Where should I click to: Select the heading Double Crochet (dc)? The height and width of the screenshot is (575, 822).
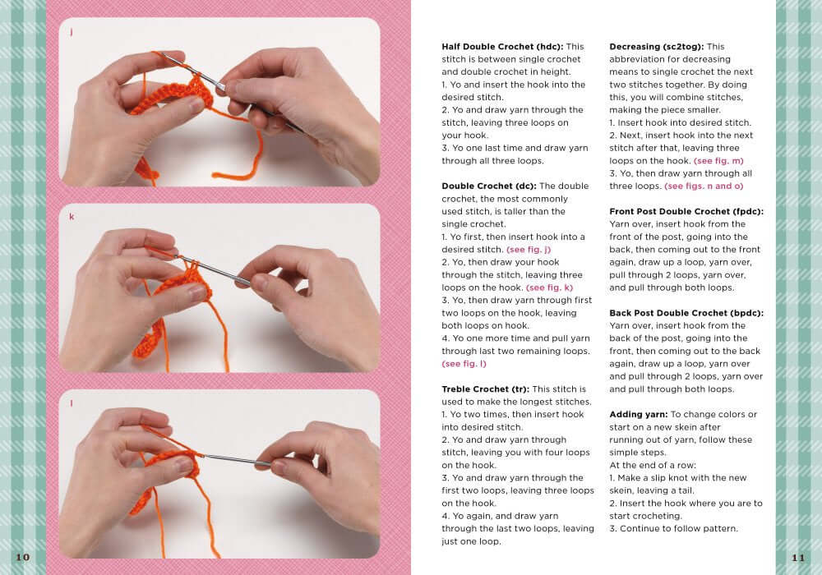(488, 186)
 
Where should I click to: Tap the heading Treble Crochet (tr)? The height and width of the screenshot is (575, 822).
(485, 389)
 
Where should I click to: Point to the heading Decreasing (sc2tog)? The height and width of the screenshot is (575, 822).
(656, 47)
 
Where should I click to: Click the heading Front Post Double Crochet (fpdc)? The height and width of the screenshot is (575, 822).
(686, 211)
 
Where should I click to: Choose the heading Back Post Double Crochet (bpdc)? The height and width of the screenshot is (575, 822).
(686, 313)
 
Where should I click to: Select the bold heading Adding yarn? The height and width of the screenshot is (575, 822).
(639, 414)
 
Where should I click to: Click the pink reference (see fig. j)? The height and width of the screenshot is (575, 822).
(529, 249)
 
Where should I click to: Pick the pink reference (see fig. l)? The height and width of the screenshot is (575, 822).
(464, 363)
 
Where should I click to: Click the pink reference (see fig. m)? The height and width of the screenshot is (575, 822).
(718, 161)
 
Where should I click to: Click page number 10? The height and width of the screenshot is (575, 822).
(22, 558)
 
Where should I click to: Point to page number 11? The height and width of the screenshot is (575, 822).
(798, 558)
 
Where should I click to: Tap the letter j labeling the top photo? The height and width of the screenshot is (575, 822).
(72, 32)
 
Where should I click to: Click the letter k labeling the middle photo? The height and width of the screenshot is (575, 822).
(72, 217)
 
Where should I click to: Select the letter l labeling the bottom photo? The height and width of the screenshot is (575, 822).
(72, 402)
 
